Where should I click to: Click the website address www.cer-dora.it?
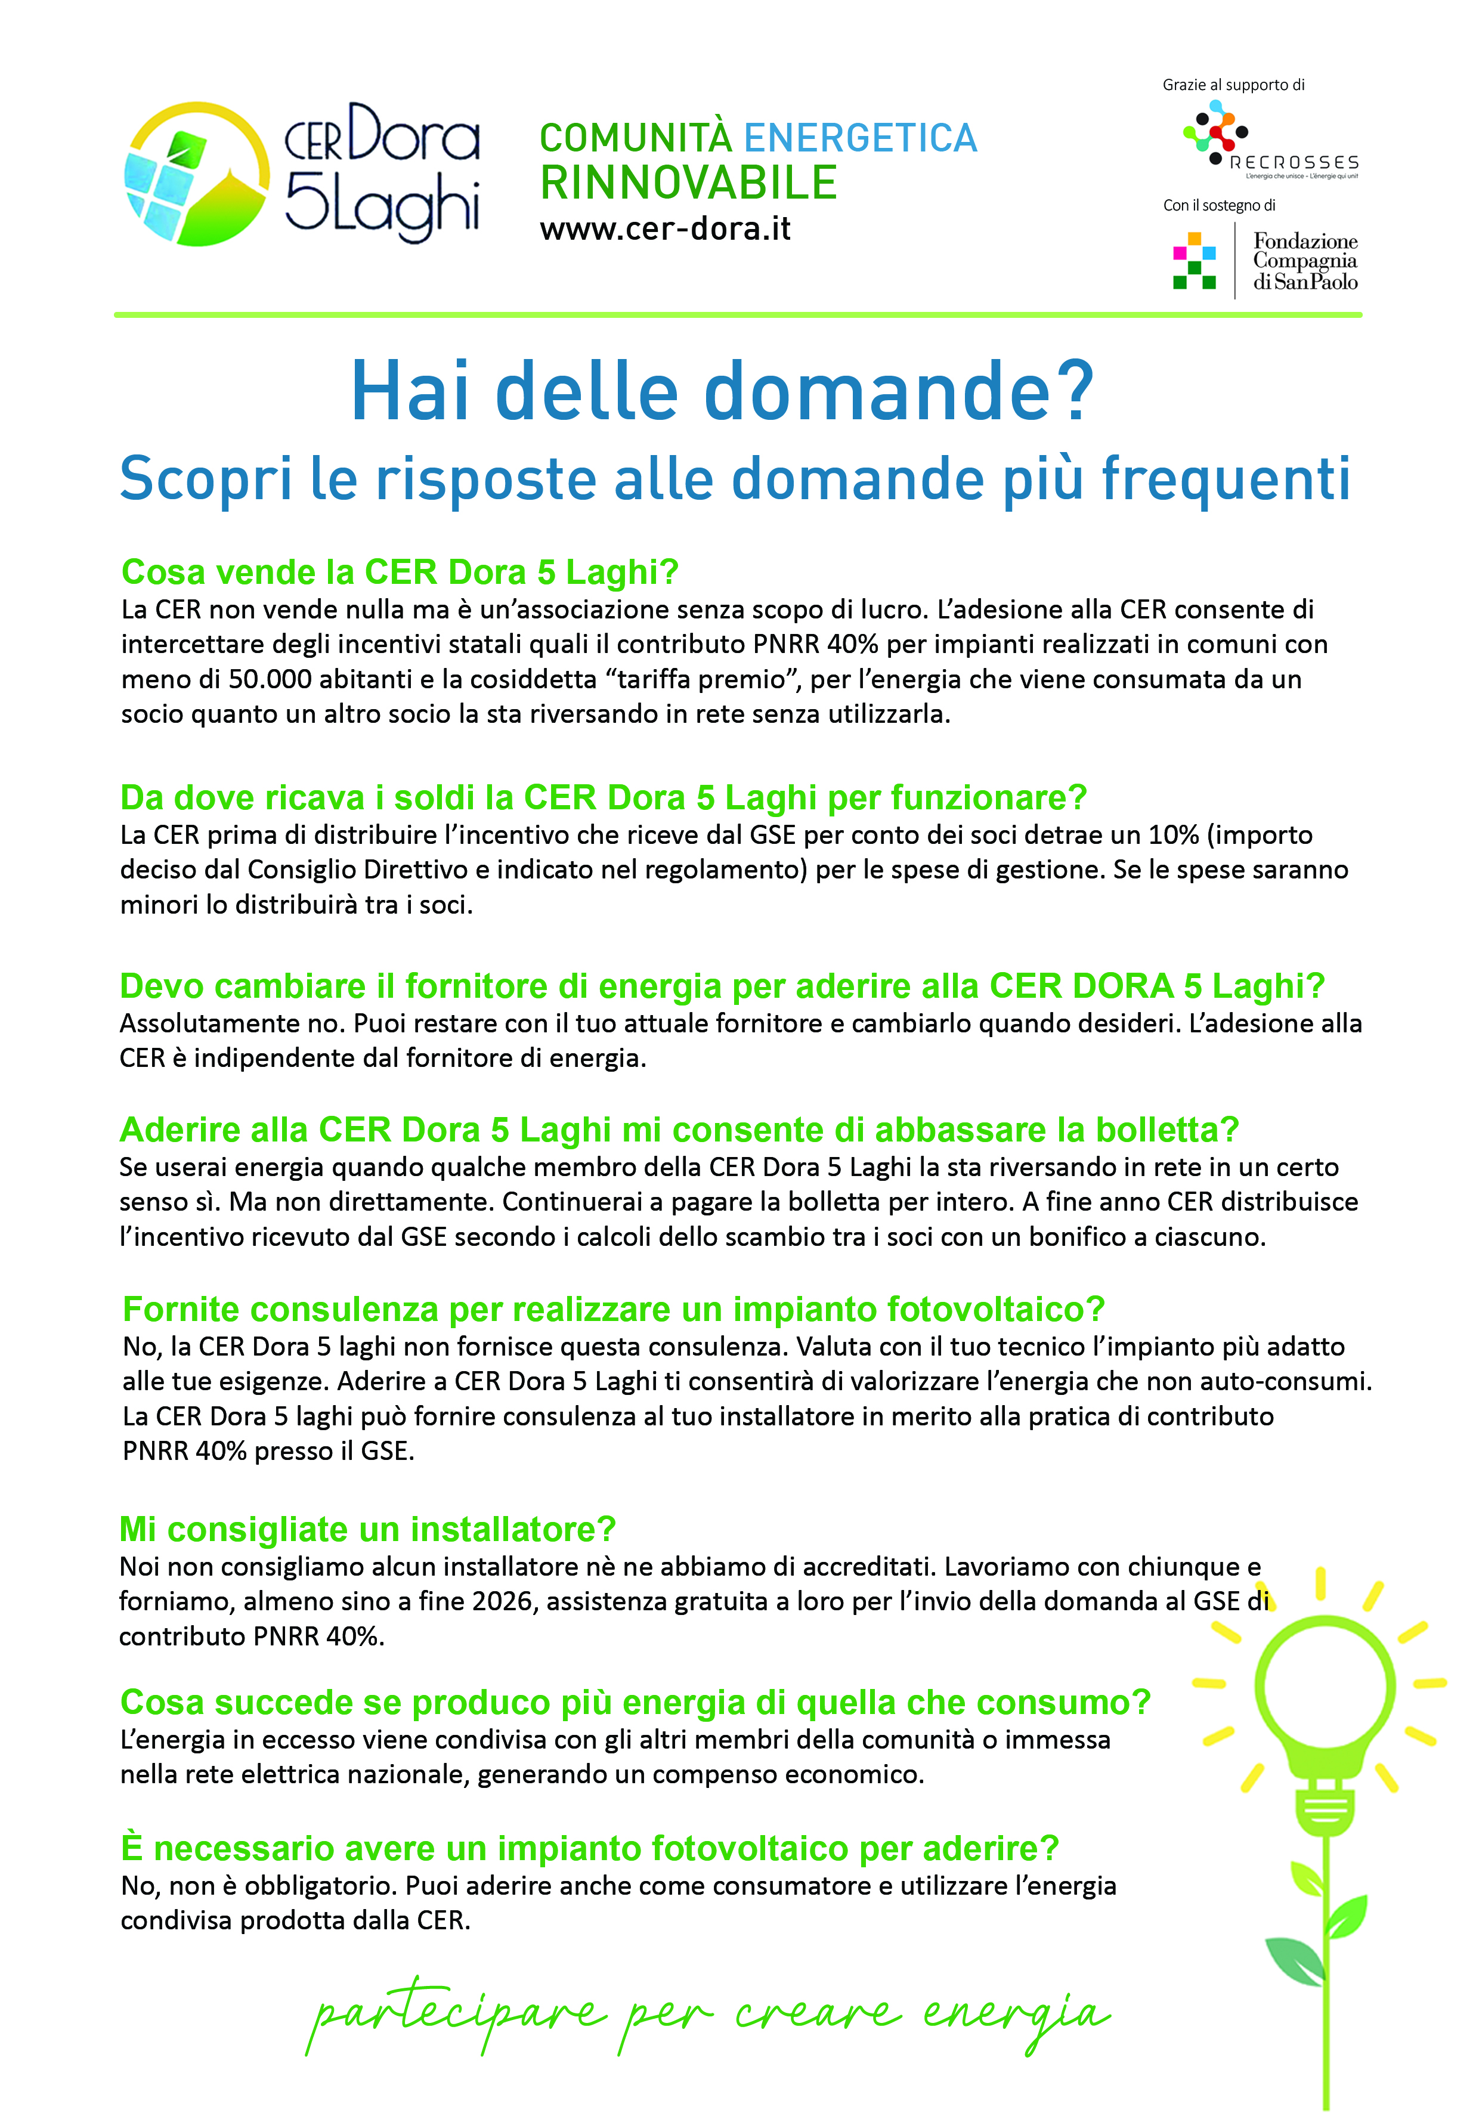(x=664, y=228)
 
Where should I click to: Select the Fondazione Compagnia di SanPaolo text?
(x=1304, y=261)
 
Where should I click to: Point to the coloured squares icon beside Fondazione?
(x=1194, y=261)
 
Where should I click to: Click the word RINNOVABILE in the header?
(x=688, y=182)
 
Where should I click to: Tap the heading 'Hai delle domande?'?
(x=722, y=391)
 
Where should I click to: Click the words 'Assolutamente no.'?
(x=233, y=1023)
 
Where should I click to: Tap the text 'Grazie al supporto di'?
(x=1233, y=85)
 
